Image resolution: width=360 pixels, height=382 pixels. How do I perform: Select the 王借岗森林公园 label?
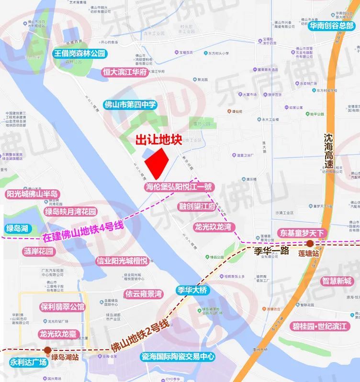79,54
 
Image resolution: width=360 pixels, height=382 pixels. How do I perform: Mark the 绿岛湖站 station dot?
47,350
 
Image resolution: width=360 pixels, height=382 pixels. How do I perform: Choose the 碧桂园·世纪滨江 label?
322,327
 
